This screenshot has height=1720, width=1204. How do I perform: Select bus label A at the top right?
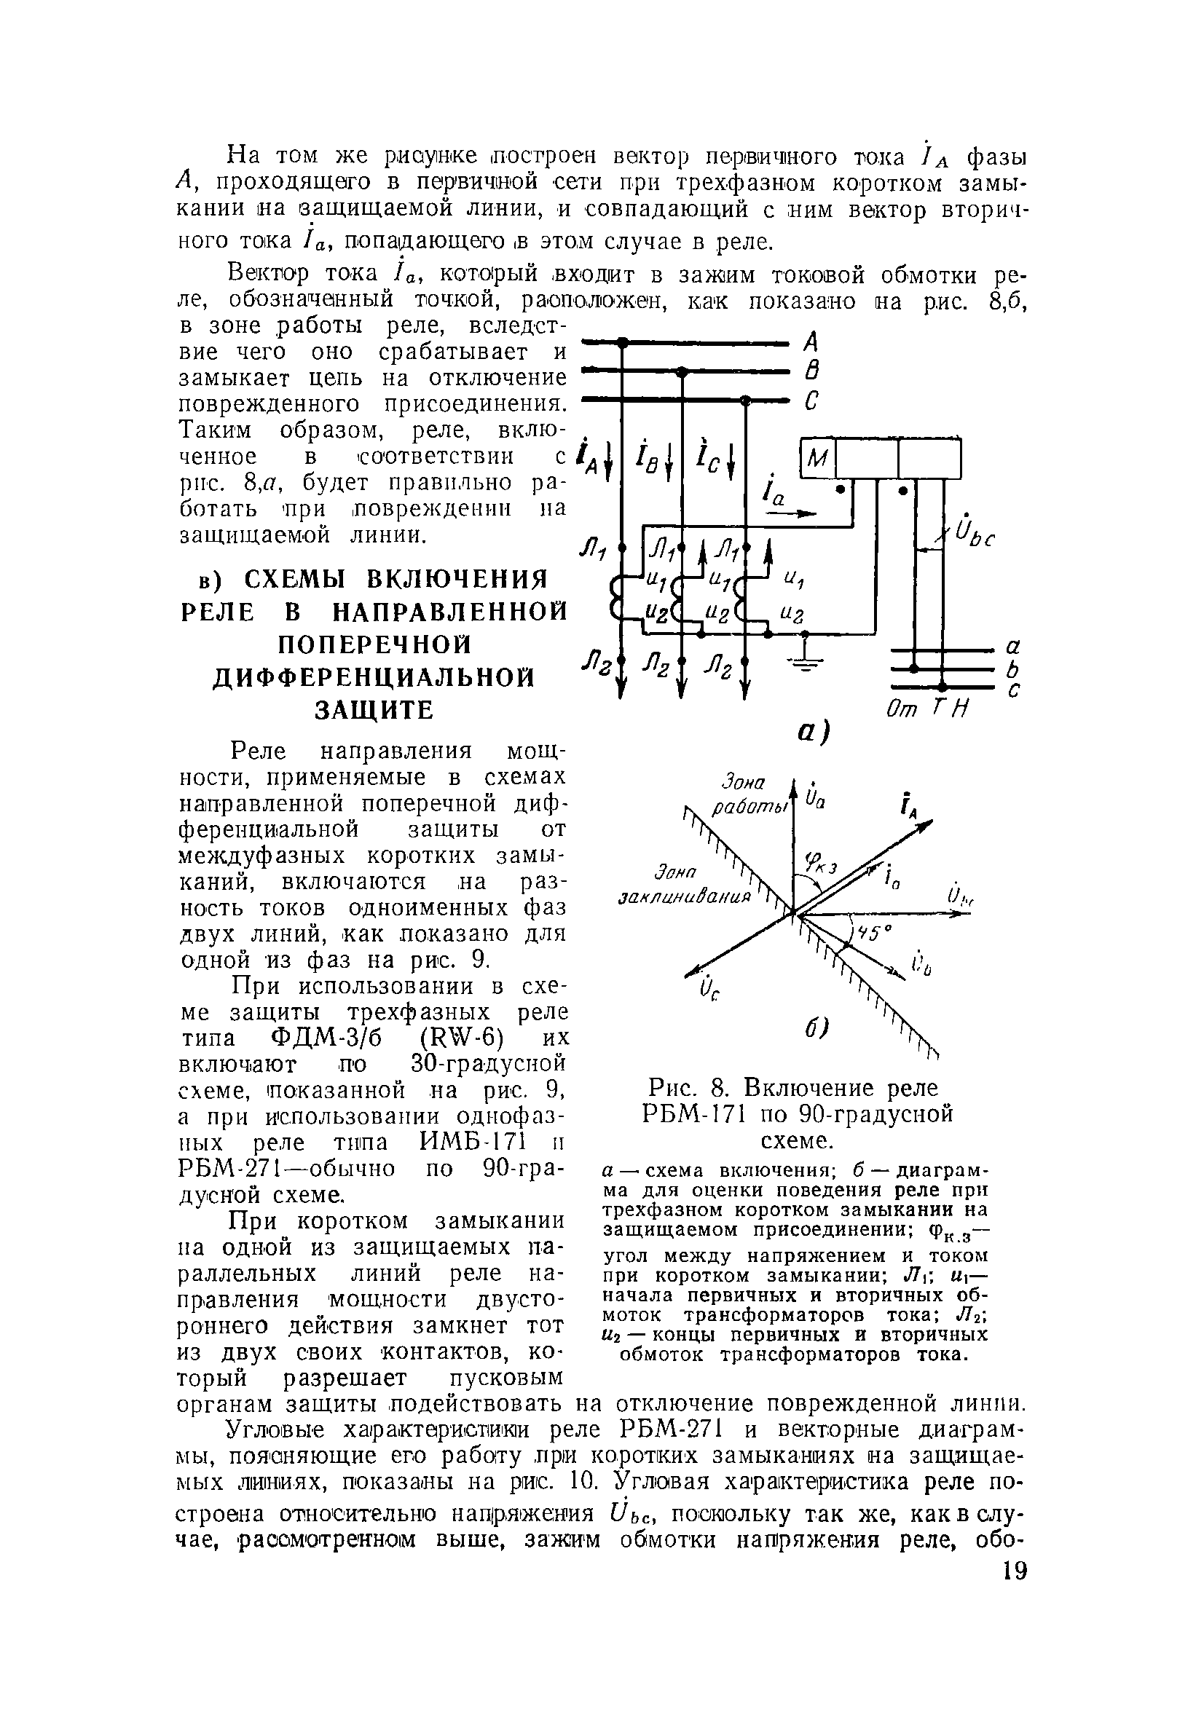click(x=810, y=343)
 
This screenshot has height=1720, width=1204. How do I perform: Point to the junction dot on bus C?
click(x=744, y=401)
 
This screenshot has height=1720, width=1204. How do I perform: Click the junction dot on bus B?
click(x=681, y=371)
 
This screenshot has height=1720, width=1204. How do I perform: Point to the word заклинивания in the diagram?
click(x=685, y=896)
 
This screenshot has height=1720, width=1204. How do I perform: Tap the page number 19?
click(x=1014, y=1592)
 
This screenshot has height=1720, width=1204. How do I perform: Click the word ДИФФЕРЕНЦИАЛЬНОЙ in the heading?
click(x=374, y=678)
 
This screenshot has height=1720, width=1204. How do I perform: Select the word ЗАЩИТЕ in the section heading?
click(x=374, y=710)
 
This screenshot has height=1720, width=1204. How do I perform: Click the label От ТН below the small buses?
click(x=926, y=708)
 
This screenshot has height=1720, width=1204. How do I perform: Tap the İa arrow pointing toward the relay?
click(x=794, y=514)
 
